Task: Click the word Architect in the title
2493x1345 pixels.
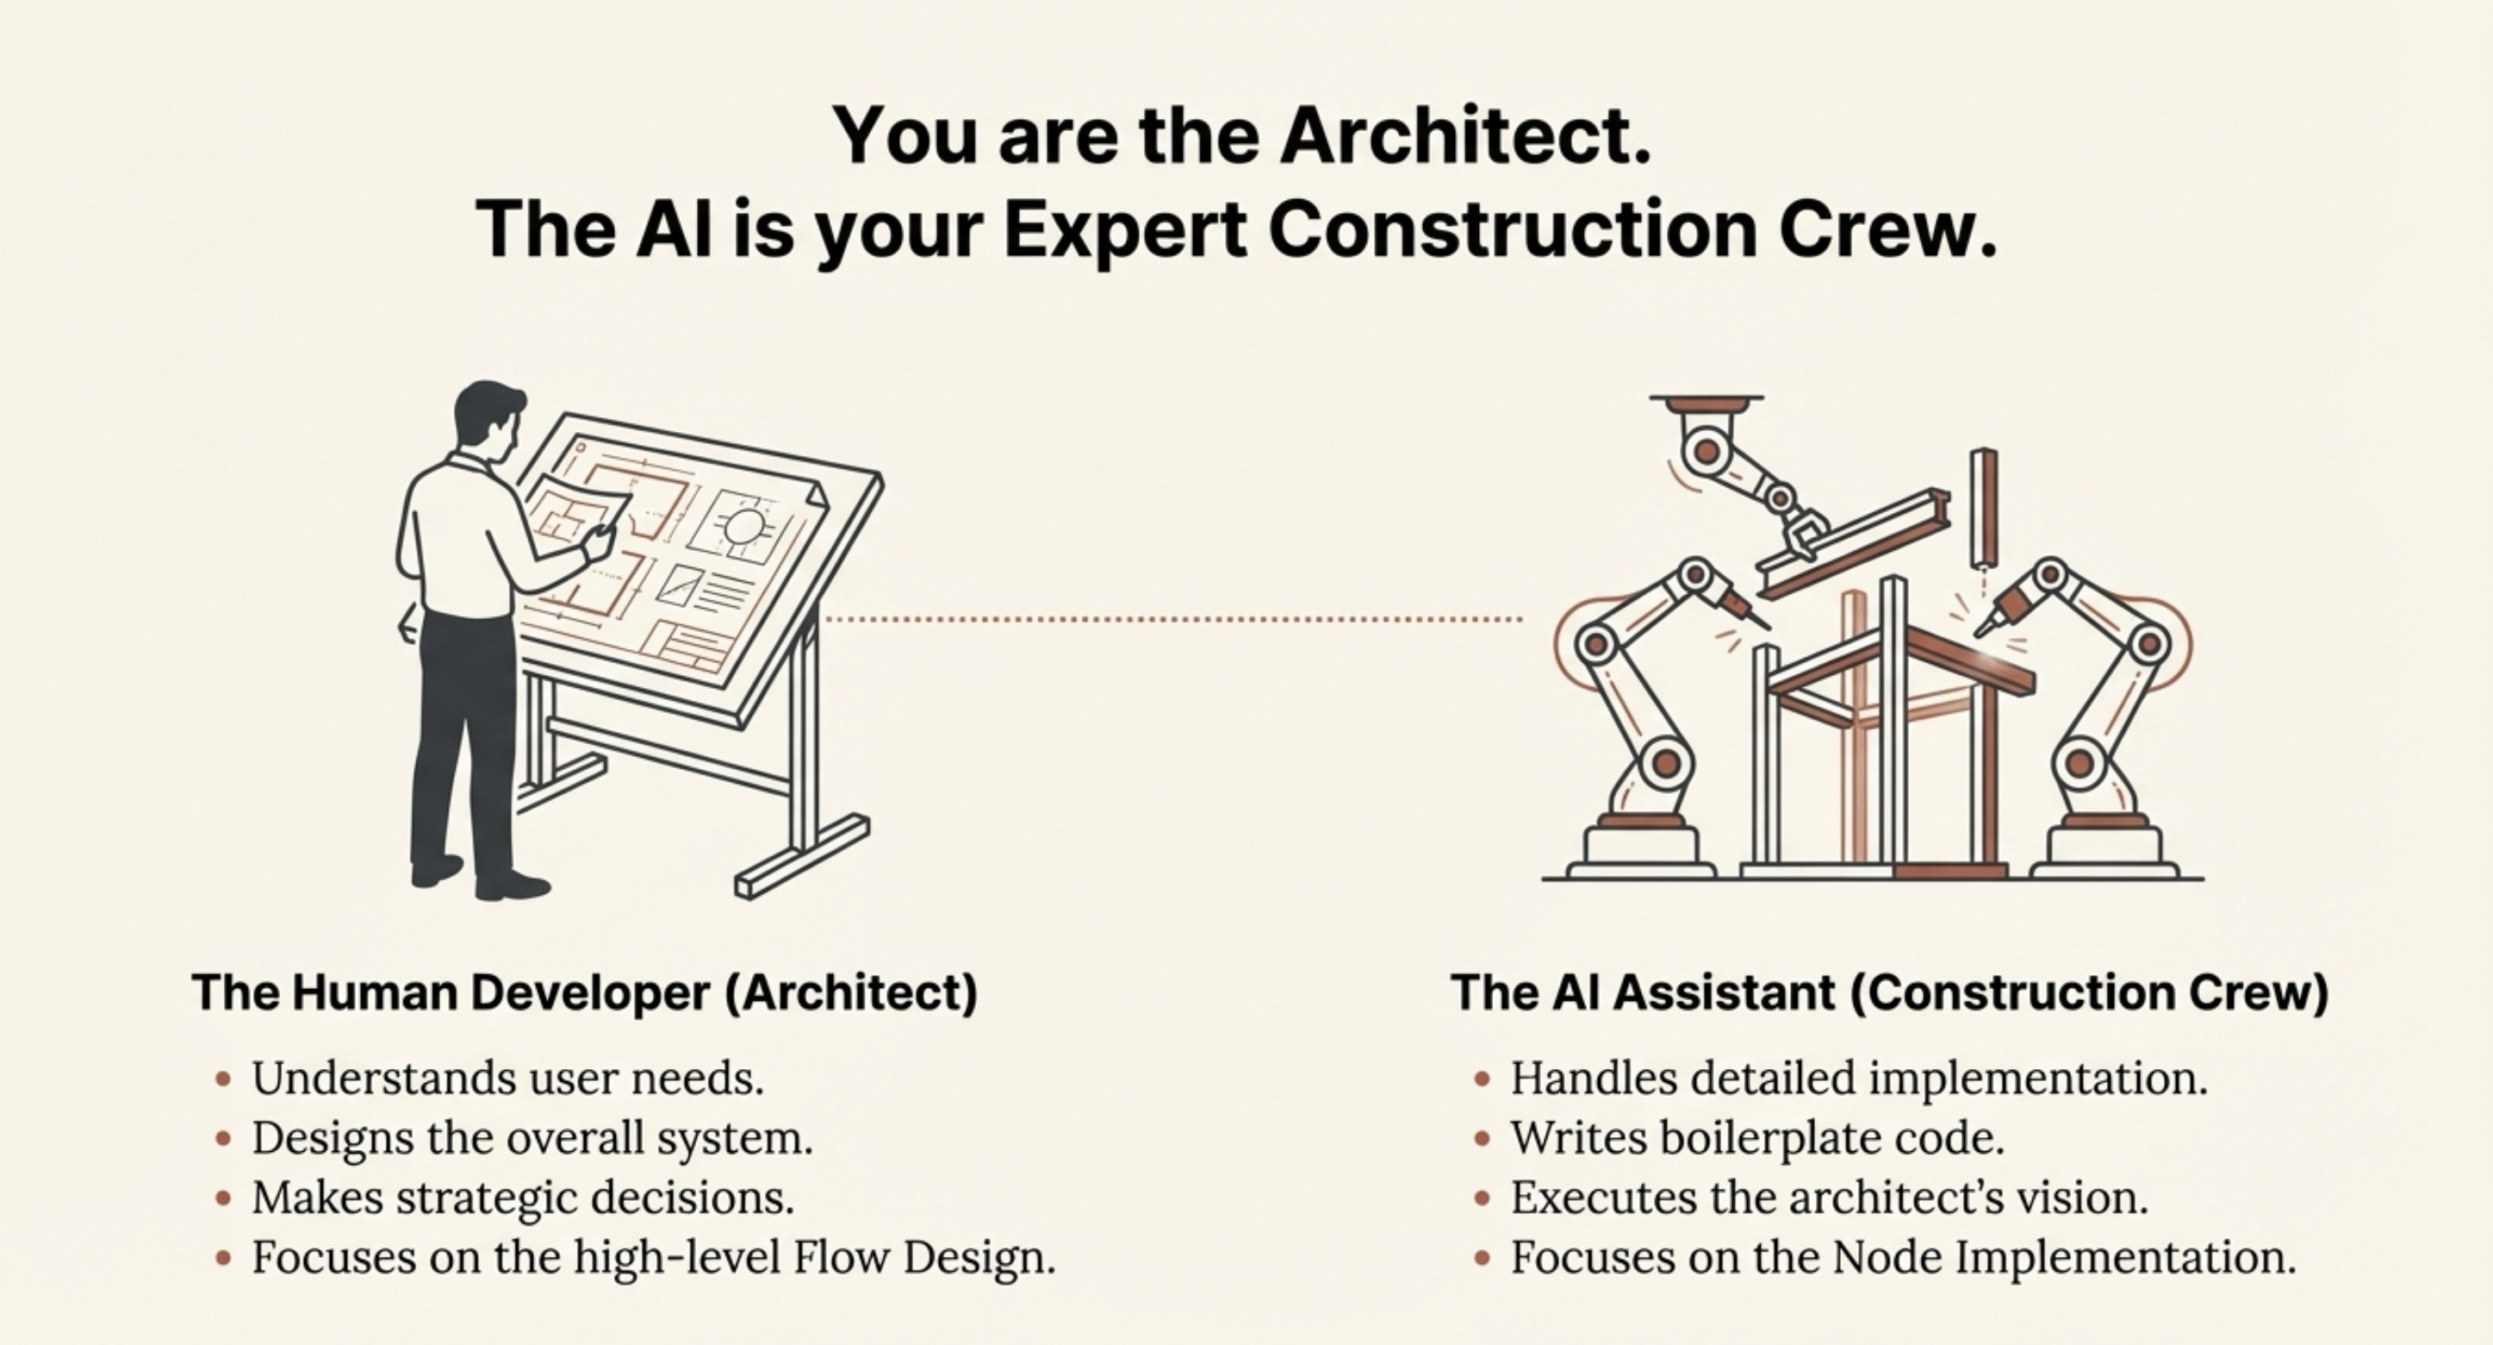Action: coord(1466,134)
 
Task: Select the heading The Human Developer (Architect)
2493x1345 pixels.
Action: coord(586,992)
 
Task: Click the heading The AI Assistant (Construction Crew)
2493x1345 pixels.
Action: coord(1889,992)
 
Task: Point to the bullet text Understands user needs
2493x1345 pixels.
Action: coord(508,1078)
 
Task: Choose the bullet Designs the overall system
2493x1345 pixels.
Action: coord(532,1138)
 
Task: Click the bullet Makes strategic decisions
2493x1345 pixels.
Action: coord(523,1198)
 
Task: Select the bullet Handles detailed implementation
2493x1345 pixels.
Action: coord(1859,1078)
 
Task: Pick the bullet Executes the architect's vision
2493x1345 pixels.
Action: coord(1829,1198)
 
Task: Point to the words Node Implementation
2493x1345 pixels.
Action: coord(2064,1258)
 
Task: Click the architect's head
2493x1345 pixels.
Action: coord(488,419)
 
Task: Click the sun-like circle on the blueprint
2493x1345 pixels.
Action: coord(744,527)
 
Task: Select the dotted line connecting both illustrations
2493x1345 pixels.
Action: coord(1173,619)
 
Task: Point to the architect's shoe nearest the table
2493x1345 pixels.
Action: coord(513,885)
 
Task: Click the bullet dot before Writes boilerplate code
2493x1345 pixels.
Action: coord(1482,1139)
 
